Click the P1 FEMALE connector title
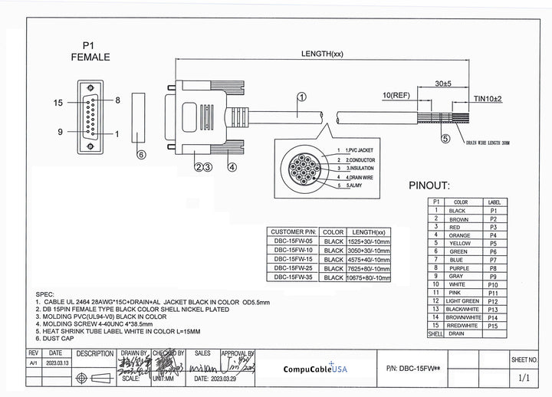click(x=90, y=51)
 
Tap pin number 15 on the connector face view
click(x=58, y=101)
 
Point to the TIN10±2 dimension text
click(x=486, y=99)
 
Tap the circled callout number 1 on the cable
click(x=301, y=97)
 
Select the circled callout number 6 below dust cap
click(x=140, y=155)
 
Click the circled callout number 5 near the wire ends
click(x=445, y=139)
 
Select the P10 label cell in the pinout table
click(x=493, y=284)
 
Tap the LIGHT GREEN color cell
click(x=460, y=301)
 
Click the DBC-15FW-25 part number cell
click(x=293, y=269)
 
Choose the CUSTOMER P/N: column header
click(x=293, y=231)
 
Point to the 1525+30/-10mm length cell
click(x=369, y=241)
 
